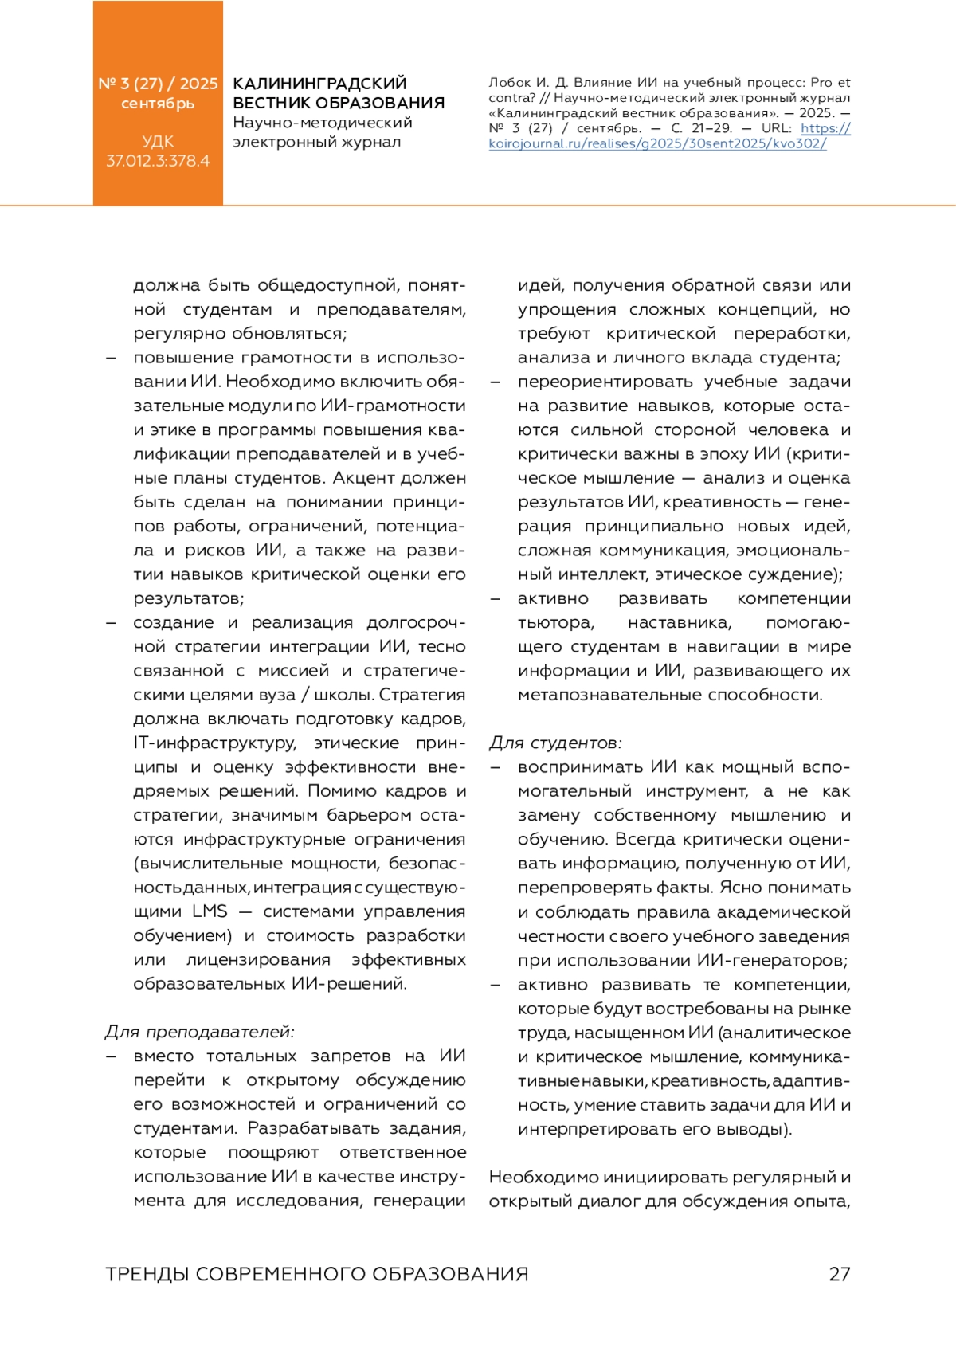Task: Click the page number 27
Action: pyautogui.click(x=840, y=1274)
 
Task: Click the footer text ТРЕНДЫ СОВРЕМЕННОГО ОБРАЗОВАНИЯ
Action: pyautogui.click(x=317, y=1274)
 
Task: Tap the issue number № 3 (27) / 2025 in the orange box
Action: pyautogui.click(x=158, y=84)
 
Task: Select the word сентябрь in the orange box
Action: pyautogui.click(x=158, y=104)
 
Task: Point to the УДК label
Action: pyautogui.click(x=158, y=142)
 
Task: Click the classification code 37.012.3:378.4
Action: pyautogui.click(x=158, y=161)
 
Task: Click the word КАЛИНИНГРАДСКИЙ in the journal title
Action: pyautogui.click(x=319, y=84)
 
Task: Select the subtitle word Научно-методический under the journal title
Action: pyautogui.click(x=323, y=123)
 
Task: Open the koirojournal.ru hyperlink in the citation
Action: pyautogui.click(x=657, y=143)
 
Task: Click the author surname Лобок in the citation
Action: pyautogui.click(x=510, y=83)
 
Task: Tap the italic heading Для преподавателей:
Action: pyautogui.click(x=200, y=1032)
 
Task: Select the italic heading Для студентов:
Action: pyautogui.click(x=555, y=743)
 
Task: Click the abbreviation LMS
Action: pyautogui.click(x=210, y=911)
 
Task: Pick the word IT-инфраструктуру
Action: pyautogui.click(x=215, y=743)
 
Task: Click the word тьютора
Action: pyautogui.click(x=556, y=622)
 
